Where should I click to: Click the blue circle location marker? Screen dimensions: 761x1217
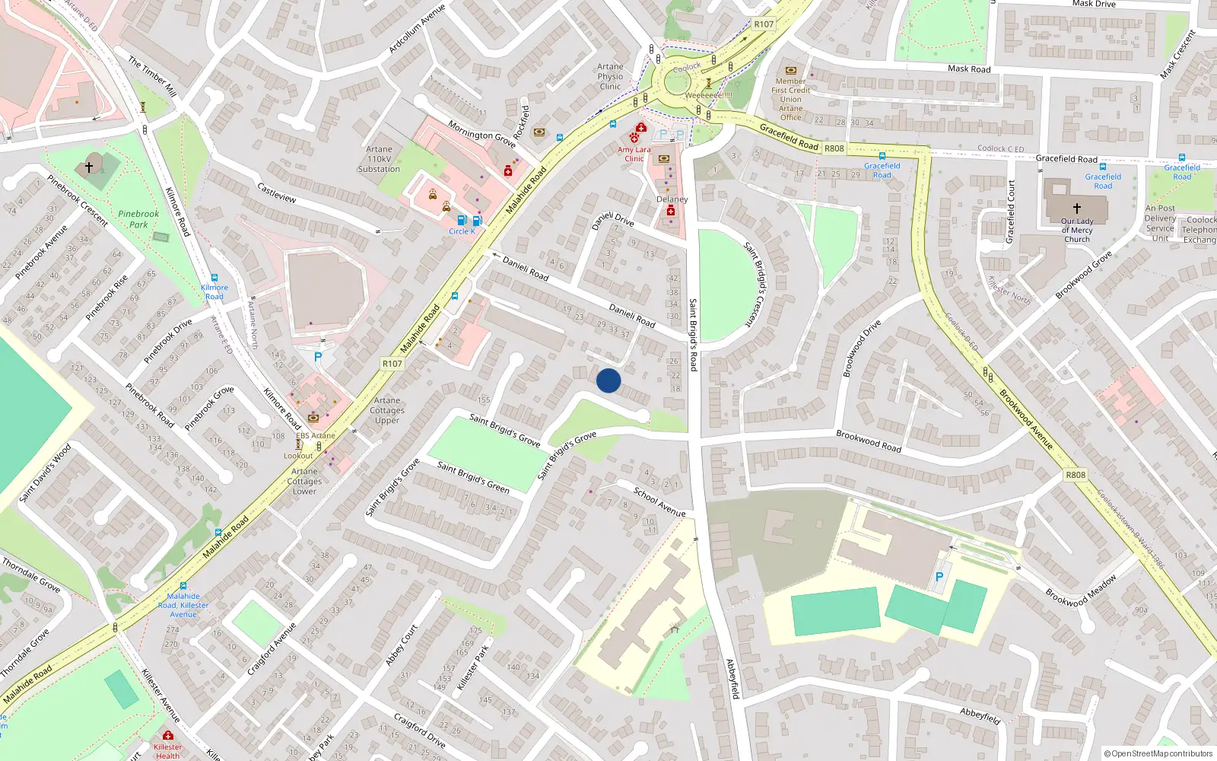[608, 380]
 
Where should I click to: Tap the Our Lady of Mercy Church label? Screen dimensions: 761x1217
[1076, 230]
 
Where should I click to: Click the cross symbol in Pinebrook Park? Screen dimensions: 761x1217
[89, 167]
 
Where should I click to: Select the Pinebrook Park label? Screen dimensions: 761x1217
[138, 219]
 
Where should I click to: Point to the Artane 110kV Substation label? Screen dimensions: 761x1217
[379, 159]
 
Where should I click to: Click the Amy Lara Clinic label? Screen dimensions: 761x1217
[634, 154]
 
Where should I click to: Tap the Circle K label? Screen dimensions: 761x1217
[462, 231]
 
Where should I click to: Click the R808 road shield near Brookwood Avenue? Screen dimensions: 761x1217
[1076, 475]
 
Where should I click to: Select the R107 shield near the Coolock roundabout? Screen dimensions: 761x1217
[764, 24]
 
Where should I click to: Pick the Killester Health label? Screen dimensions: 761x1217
[167, 751]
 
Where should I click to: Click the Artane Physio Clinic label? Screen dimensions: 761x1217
[610, 76]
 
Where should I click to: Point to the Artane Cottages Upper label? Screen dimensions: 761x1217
[387, 410]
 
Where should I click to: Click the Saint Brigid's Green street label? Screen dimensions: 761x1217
[473, 476]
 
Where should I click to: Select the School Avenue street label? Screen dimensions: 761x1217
[659, 502]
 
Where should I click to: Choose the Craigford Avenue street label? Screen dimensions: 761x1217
[272, 649]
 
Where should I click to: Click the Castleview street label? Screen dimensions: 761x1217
[277, 193]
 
